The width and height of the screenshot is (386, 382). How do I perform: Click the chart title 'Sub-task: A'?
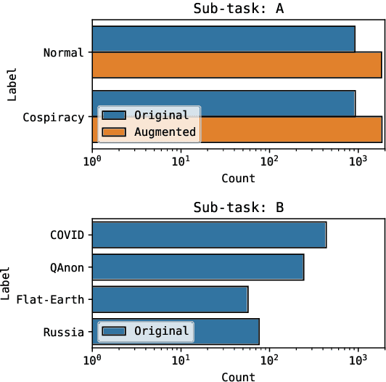(238, 9)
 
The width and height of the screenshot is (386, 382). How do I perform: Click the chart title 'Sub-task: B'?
(238, 208)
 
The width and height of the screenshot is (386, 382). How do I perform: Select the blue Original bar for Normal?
(223, 39)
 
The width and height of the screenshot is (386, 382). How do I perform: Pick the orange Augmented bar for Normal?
(237, 65)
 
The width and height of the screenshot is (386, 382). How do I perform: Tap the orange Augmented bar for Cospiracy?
(290, 129)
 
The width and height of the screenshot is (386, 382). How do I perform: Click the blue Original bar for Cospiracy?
(276, 103)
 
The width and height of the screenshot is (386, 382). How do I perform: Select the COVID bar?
(209, 235)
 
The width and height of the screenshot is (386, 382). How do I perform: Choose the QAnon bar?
(198, 267)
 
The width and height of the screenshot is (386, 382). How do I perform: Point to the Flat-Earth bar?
(170, 299)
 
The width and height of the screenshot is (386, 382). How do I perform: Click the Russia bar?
(225, 331)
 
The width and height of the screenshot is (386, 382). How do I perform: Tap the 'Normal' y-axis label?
(64, 52)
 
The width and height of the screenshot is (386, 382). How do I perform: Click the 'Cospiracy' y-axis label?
(54, 117)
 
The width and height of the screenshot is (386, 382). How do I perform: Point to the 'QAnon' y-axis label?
(67, 267)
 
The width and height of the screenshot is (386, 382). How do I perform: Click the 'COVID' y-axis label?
(67, 235)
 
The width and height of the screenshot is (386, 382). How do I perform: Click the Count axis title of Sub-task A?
(238, 178)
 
